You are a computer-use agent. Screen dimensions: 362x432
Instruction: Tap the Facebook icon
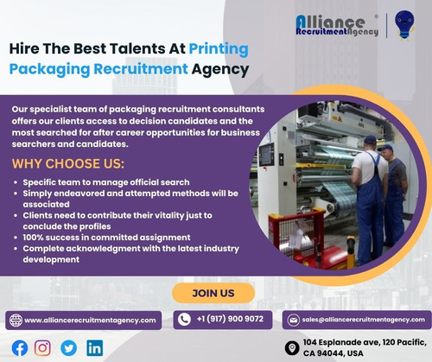point(19,347)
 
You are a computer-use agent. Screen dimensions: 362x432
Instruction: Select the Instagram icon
point(42,347)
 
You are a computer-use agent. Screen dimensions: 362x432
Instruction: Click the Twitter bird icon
point(68,347)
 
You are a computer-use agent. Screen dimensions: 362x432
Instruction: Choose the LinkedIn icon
point(94,347)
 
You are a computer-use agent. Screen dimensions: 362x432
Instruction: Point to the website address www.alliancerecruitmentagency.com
point(90,320)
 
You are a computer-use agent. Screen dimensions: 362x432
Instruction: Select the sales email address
point(363,320)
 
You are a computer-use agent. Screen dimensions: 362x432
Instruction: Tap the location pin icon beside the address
point(294,347)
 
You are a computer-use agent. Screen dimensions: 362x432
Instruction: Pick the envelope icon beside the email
point(293,320)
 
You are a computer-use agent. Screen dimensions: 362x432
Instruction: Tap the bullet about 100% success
point(101,237)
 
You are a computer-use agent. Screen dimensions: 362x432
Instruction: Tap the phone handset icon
point(184,319)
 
